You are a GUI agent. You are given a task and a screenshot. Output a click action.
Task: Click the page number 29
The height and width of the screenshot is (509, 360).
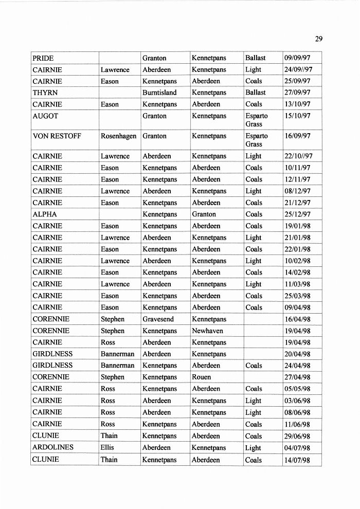point(318,39)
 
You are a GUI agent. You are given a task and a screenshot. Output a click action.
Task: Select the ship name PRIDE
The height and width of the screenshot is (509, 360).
point(43,58)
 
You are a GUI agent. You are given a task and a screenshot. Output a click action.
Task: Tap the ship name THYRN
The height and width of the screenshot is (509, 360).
point(45,93)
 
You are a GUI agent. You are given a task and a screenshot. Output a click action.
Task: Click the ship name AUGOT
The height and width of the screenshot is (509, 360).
point(45,116)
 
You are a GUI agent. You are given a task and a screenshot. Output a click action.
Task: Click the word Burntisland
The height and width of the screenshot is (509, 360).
point(159,93)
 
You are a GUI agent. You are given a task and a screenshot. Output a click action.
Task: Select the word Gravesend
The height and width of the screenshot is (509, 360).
point(158,319)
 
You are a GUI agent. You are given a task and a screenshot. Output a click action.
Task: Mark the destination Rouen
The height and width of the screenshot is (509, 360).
point(202,377)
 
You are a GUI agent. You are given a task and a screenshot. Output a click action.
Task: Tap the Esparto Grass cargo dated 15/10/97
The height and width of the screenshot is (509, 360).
point(257,120)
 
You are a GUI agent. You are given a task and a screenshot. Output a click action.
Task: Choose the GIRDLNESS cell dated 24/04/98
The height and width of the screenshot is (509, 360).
point(52,366)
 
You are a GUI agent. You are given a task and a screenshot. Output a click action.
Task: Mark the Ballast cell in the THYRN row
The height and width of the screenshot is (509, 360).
point(256,93)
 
